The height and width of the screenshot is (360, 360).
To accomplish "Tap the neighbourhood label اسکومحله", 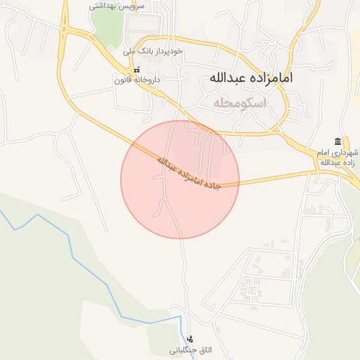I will coord(241,103).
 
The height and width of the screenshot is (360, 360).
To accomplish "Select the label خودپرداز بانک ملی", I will coord(153,51).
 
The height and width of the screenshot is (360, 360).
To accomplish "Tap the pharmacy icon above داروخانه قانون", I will coord(137,71).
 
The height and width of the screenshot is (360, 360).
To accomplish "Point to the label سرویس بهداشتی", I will coord(117,6).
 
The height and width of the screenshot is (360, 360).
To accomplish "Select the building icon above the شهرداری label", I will coord(338,141).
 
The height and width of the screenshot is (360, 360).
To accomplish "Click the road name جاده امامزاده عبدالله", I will coord(188,173).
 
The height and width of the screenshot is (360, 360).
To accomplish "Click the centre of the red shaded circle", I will coord(180,179).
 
